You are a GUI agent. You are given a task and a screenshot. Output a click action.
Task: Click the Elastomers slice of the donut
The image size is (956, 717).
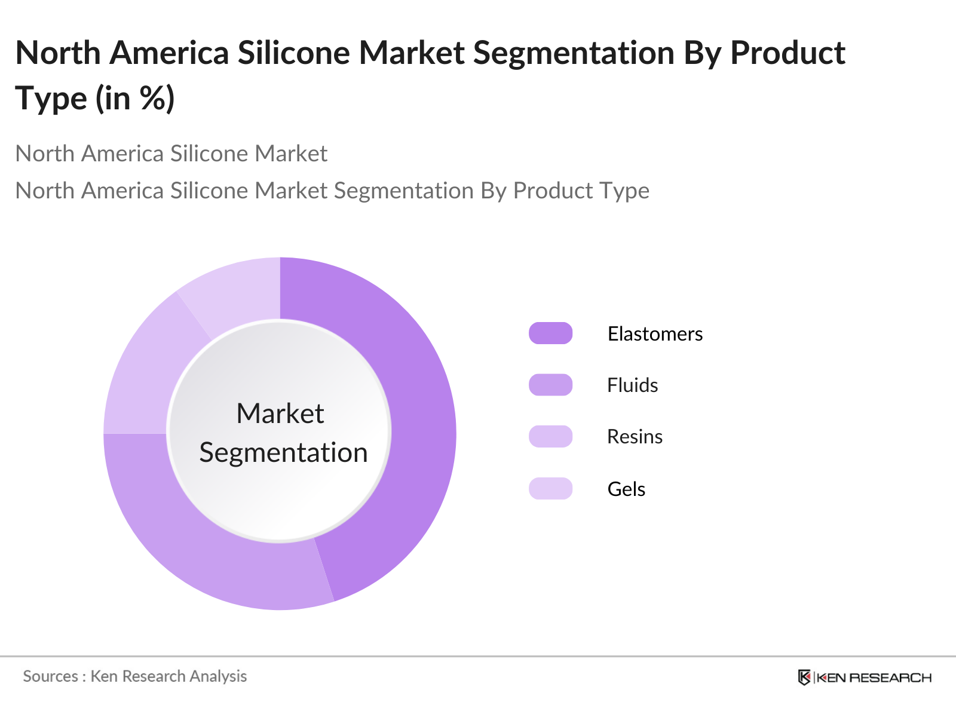(418, 418)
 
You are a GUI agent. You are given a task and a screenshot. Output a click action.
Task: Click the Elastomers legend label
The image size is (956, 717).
(655, 333)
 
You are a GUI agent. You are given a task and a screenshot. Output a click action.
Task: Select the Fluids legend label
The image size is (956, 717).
(632, 385)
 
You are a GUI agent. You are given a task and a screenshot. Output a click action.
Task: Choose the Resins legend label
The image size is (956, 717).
(635, 437)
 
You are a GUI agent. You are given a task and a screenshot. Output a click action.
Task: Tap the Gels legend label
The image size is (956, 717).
(626, 489)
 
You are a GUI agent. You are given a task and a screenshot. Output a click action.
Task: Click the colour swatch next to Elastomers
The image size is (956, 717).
(550, 333)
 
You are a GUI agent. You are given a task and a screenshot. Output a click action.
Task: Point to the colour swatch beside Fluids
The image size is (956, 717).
(550, 385)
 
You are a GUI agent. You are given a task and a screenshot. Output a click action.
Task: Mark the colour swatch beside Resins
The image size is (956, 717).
(550, 436)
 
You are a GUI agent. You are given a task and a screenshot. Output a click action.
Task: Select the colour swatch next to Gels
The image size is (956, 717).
(550, 488)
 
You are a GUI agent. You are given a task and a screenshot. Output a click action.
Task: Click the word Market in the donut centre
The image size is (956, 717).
(280, 413)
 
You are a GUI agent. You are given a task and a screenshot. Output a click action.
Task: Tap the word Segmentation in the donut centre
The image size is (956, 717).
(283, 452)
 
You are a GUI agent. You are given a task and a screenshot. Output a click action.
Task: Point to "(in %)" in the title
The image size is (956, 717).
(135, 98)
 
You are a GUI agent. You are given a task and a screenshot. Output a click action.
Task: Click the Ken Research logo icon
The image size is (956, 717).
(804, 677)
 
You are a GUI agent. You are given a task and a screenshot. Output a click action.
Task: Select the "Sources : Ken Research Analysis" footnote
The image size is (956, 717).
(135, 676)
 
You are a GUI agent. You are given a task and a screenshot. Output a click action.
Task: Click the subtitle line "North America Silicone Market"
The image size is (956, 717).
(171, 154)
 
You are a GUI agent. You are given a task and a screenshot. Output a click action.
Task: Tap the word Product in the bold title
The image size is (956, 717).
(788, 53)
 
